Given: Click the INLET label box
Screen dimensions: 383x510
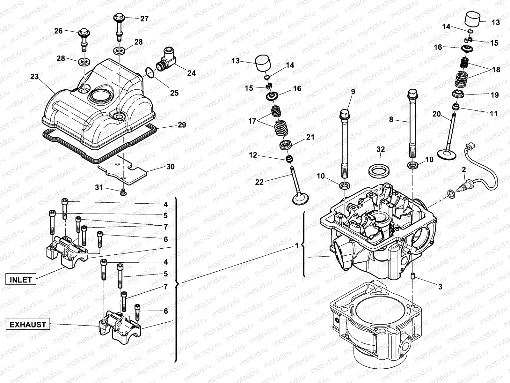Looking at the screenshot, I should [21, 280].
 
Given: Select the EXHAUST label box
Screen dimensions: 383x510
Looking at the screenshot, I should [28, 325].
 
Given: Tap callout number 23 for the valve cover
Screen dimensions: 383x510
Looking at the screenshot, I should [34, 77].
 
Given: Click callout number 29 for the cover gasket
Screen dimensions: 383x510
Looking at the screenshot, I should [182, 125].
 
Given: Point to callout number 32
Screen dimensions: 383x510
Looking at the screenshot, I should [381, 149].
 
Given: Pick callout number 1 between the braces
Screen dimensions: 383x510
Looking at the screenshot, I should [297, 246].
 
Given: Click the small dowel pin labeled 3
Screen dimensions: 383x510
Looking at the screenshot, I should [413, 275].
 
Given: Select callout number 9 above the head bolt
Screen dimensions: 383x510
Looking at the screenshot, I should [353, 92].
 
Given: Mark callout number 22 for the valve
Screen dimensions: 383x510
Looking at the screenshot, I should [260, 182].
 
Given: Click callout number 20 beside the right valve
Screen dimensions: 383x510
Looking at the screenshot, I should [437, 114].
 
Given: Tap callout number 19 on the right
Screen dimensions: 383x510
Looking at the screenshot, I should [494, 95].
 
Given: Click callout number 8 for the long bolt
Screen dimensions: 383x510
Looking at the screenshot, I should [391, 120].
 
